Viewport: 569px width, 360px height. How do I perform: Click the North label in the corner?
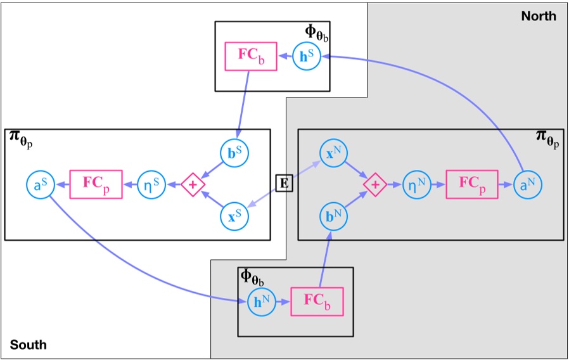click(x=539, y=16)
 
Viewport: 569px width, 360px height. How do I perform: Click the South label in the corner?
click(x=28, y=345)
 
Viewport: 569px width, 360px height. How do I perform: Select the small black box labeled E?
click(x=284, y=184)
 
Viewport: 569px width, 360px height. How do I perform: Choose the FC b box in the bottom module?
click(x=317, y=302)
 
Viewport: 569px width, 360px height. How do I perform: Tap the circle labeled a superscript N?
click(x=528, y=184)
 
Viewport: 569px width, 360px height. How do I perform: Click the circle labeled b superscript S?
click(x=234, y=154)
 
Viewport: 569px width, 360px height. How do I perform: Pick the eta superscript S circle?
click(x=151, y=184)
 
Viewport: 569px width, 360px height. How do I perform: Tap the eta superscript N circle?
click(x=418, y=184)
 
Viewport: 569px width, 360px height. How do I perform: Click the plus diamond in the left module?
click(x=193, y=184)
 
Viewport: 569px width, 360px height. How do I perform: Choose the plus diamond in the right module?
click(x=375, y=184)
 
